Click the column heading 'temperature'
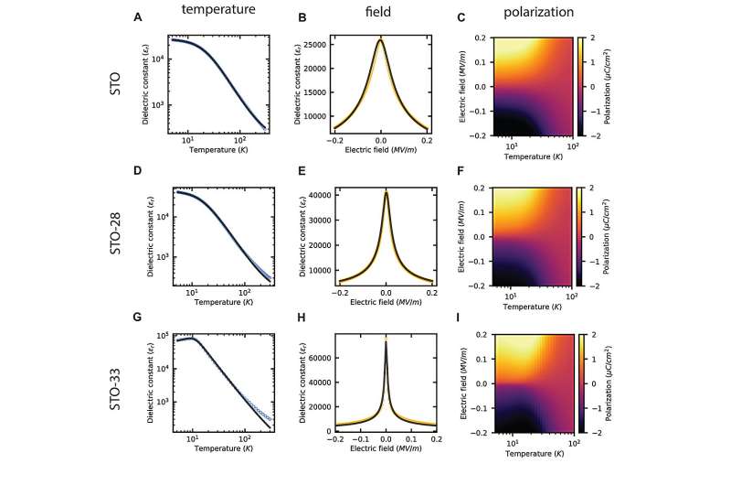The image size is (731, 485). point(217,13)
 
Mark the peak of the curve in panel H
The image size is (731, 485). point(386,340)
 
